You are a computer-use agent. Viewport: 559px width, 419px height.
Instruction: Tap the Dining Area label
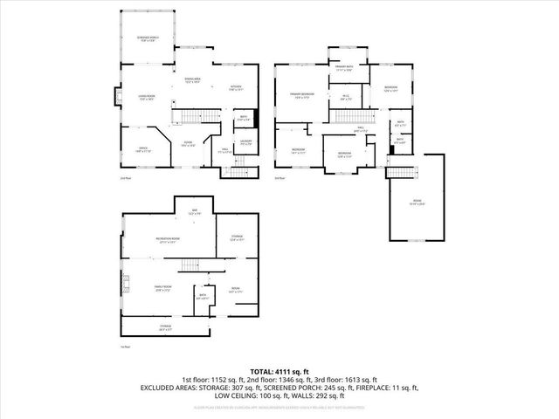click(x=192, y=80)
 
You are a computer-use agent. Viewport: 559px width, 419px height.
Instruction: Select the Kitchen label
click(x=235, y=86)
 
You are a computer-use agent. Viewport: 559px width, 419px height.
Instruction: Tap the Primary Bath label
click(x=343, y=67)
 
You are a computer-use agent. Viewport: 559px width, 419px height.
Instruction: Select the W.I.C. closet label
click(x=346, y=98)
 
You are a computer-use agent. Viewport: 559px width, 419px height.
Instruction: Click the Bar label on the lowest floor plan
click(x=195, y=211)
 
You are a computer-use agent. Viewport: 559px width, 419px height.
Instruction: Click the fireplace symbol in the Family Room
click(x=125, y=282)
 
